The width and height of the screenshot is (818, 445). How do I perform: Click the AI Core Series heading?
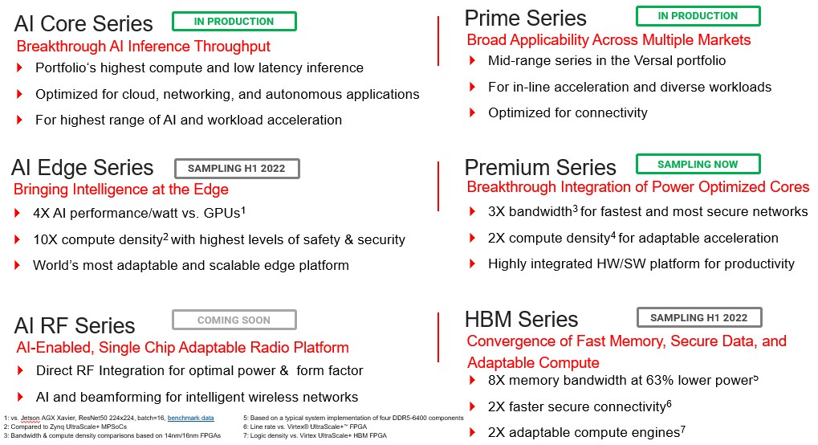pos(83,24)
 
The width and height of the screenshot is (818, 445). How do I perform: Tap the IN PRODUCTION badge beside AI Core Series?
pos(234,22)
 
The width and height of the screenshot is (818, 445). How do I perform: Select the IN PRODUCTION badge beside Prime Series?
pos(698,16)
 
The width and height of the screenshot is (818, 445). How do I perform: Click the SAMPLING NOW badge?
pos(698,164)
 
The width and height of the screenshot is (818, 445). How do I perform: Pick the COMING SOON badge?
pos(234,320)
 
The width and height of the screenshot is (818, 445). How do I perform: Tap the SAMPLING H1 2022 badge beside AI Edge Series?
pos(237,168)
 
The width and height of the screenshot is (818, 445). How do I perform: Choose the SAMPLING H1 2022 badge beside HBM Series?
pos(699,317)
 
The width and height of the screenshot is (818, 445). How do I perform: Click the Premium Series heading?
pos(540,168)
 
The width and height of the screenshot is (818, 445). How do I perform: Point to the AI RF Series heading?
pos(75,326)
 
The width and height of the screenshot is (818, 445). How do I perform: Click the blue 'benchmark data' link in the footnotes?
pos(190,418)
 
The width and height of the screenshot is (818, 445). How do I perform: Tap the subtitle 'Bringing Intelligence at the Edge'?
pos(121,189)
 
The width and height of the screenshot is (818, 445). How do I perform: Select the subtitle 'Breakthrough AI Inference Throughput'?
pos(144,47)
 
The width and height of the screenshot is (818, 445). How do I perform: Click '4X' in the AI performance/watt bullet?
pos(41,213)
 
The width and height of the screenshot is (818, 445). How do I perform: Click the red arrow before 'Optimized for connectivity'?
pos(473,112)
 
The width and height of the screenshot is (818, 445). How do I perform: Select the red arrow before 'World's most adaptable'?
pos(17,265)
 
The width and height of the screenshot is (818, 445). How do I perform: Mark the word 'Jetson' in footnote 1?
pos(31,418)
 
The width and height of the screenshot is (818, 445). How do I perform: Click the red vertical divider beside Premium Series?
pos(438,186)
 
